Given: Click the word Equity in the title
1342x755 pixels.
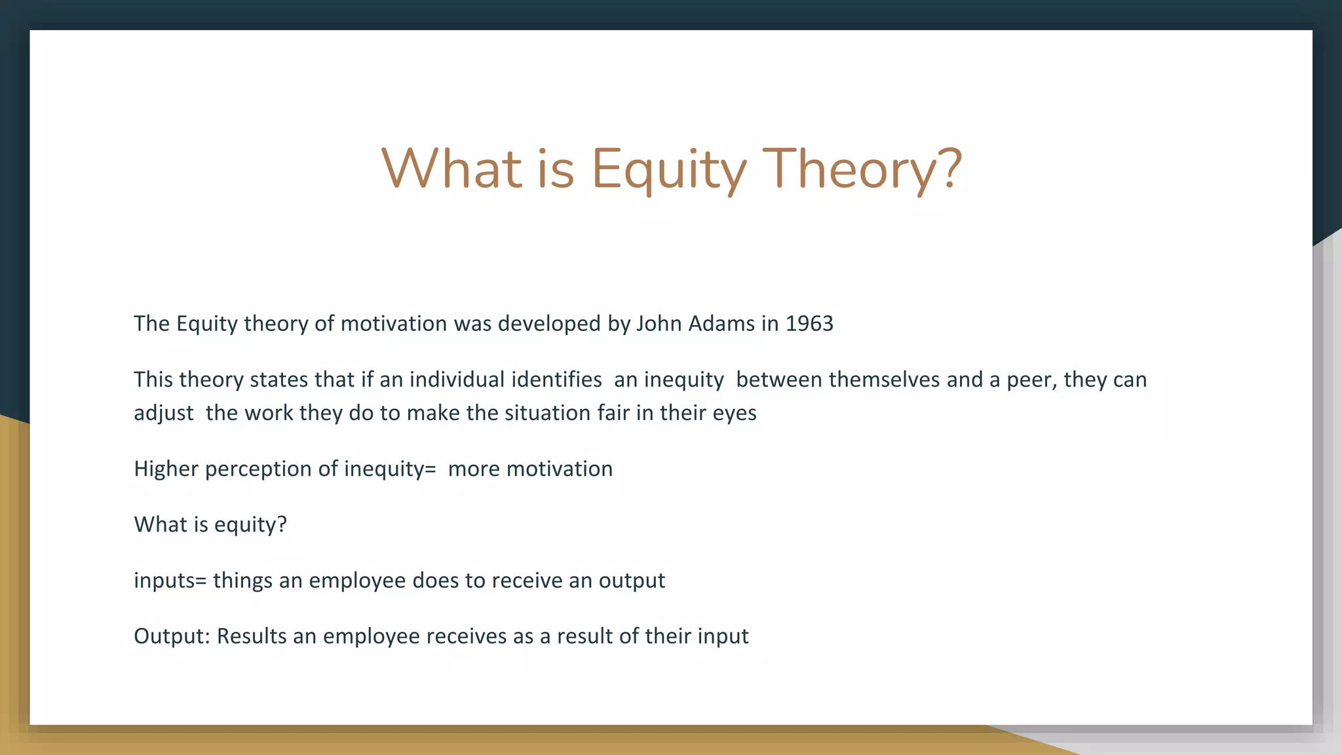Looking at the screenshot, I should pos(668,169).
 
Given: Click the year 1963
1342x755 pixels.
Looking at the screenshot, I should pos(809,324).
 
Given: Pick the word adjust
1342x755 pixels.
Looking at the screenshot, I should pos(163,414).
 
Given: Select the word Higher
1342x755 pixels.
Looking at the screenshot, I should pos(166,469).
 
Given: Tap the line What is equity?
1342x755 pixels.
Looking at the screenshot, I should pos(210,525).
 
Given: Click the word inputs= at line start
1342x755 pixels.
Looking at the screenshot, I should pos(170,581).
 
